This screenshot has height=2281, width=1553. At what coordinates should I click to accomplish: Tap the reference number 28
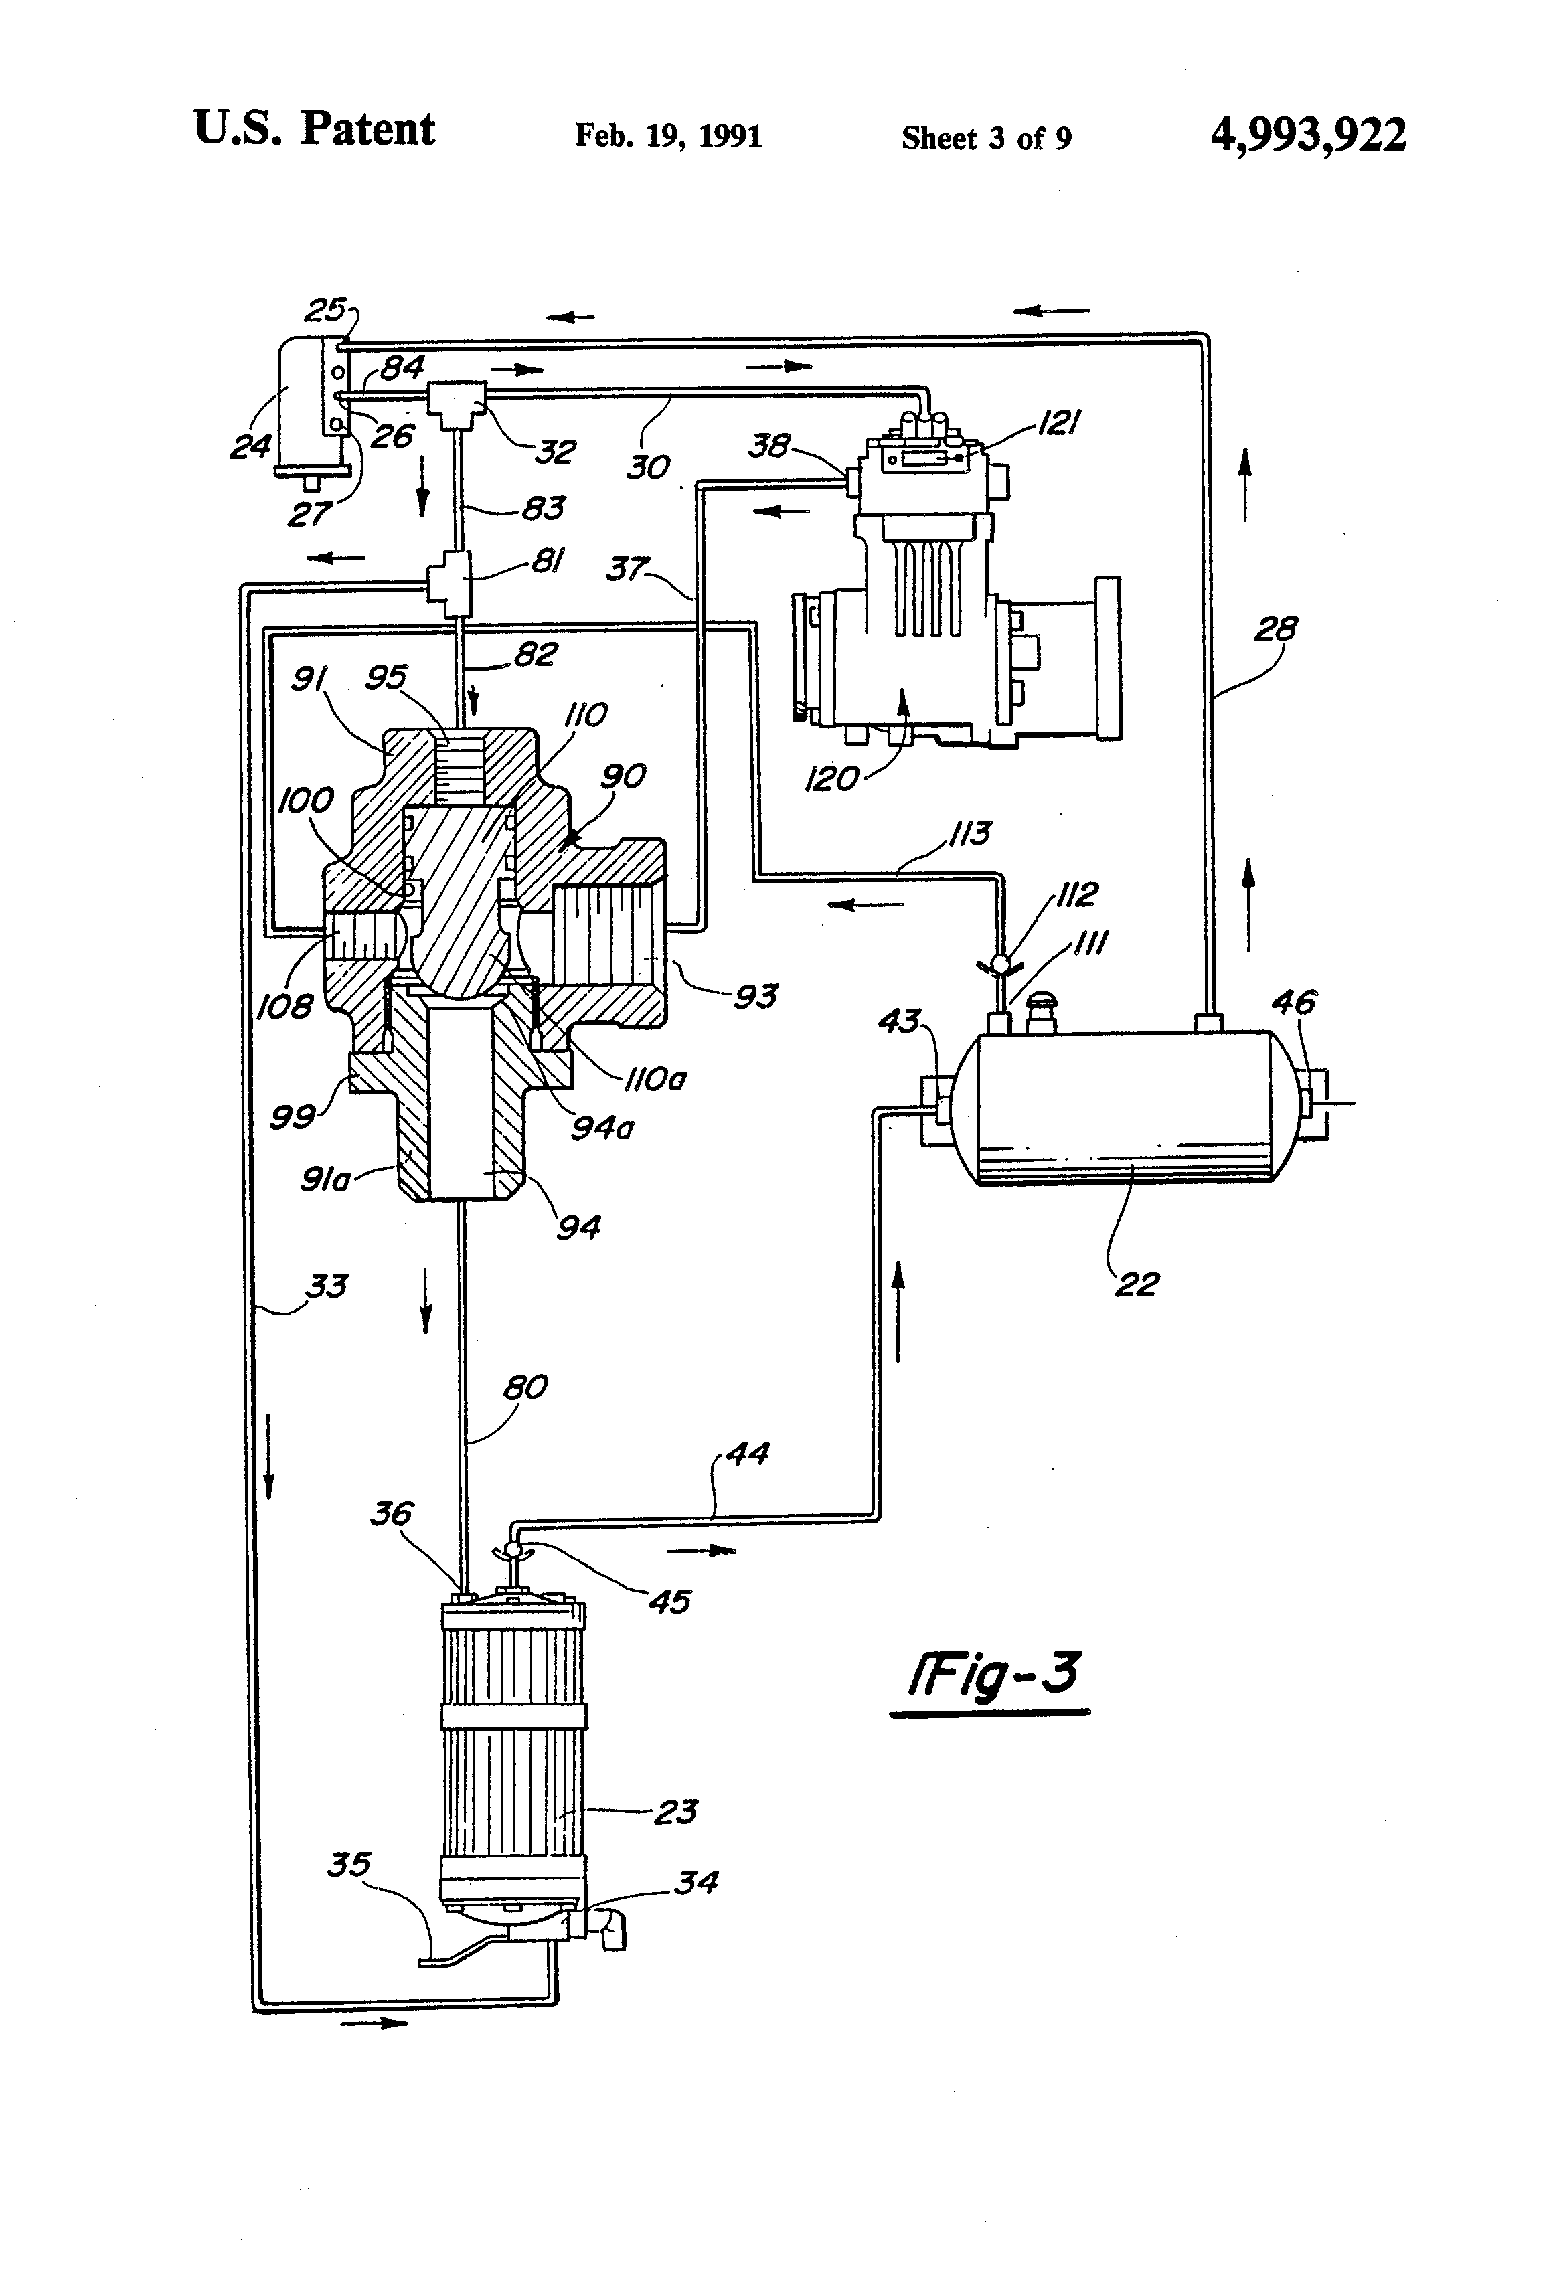pyautogui.click(x=1275, y=628)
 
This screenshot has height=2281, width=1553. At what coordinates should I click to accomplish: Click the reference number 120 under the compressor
pyautogui.click(x=831, y=778)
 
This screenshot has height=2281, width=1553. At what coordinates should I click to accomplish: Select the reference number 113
pyautogui.click(x=969, y=833)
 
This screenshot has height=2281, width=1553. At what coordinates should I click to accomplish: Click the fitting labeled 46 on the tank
pyautogui.click(x=1313, y=1104)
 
